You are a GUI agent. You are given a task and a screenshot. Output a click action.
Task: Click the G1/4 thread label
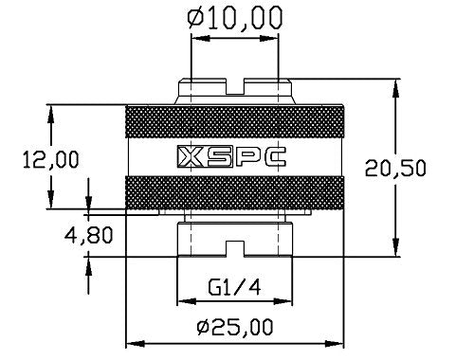(230, 284)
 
